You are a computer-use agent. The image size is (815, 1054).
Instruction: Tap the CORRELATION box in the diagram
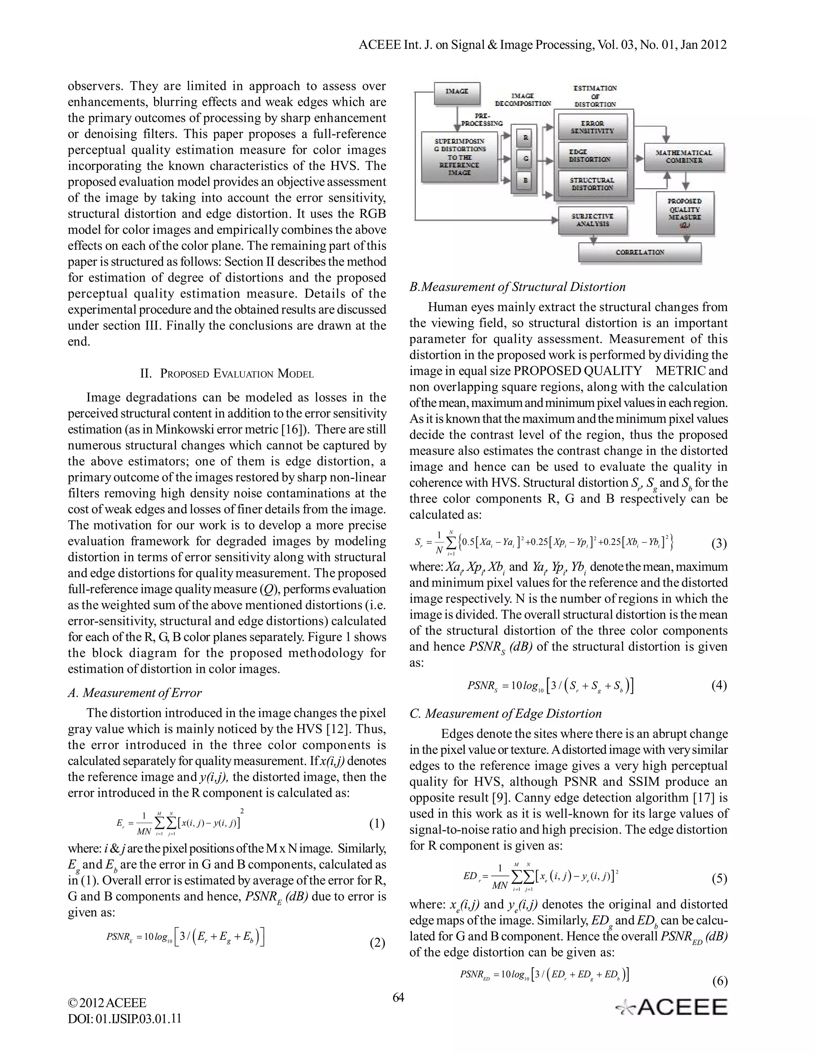point(640,252)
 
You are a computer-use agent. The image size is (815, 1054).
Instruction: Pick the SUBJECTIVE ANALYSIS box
point(593,220)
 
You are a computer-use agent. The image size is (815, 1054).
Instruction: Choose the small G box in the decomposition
point(526,159)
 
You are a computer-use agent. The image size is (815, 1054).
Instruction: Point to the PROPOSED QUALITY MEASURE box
point(684,213)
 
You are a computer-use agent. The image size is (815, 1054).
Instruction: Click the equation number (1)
point(376,824)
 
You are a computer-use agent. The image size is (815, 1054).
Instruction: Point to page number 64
point(398,998)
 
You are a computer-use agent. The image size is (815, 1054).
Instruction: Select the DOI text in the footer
point(125,1018)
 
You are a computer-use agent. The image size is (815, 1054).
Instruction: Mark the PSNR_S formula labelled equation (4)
point(550,686)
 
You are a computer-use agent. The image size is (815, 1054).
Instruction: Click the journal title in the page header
point(543,45)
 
